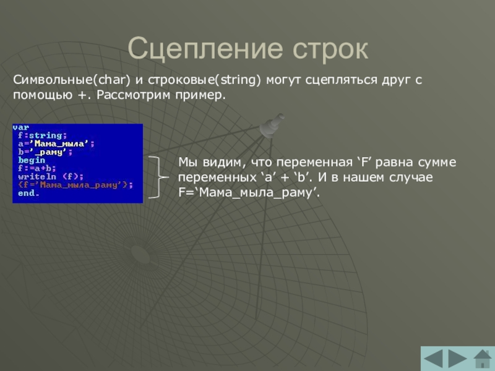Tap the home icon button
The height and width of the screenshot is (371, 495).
(x=483, y=359)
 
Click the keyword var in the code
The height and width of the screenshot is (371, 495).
(x=21, y=127)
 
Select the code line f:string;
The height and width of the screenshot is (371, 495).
(x=42, y=135)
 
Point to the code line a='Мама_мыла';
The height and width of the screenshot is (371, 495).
(x=56, y=143)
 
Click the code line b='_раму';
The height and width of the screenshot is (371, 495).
(x=45, y=152)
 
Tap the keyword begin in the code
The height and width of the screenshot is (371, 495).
(x=32, y=160)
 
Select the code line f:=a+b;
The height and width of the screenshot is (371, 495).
(x=37, y=168)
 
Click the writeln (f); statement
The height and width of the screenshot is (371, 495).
(x=51, y=177)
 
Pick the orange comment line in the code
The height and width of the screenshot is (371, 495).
(x=75, y=185)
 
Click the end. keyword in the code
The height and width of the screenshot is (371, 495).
(x=28, y=193)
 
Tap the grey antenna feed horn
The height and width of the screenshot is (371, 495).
(x=271, y=126)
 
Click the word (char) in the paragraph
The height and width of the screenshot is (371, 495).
(x=112, y=80)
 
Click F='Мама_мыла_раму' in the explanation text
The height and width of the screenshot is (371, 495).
(x=249, y=192)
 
